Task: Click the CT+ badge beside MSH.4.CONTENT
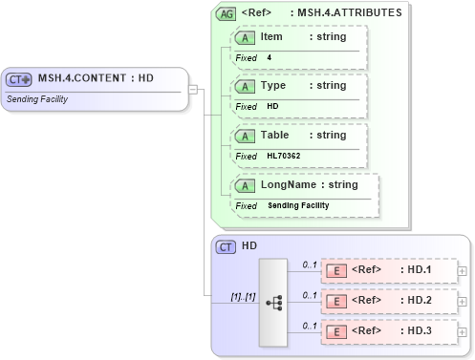point(19,80)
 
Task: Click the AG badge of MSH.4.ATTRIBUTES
point(227,14)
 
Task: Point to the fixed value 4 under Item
point(270,57)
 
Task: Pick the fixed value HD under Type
point(272,106)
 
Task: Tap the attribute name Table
point(275,135)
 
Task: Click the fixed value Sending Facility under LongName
point(298,205)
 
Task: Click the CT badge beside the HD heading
point(227,246)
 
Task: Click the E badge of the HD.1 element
point(335,270)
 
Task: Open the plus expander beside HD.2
point(464,302)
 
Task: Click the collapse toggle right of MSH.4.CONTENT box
point(193,90)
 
